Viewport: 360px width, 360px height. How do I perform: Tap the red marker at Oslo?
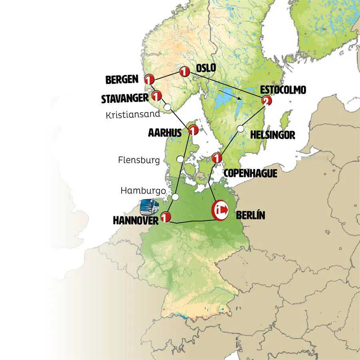184,72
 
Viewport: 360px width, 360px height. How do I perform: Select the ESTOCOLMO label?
283,90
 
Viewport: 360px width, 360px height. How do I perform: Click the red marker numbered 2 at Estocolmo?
265,102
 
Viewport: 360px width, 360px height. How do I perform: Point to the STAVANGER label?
125,98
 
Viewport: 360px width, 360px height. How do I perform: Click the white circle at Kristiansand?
168,107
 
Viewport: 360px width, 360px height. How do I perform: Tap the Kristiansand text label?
133,114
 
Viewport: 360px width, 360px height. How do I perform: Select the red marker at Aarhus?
193,130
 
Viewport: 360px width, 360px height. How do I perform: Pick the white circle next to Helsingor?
240,129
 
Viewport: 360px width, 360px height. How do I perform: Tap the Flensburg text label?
139,160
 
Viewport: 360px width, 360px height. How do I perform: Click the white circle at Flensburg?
180,159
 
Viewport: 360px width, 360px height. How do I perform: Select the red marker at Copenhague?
217,158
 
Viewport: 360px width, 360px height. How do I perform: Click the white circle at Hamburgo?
175,197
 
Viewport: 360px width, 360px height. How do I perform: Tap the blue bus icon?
150,206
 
